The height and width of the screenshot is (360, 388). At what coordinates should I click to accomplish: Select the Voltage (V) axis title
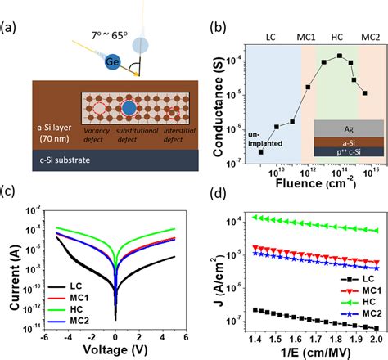116,348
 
